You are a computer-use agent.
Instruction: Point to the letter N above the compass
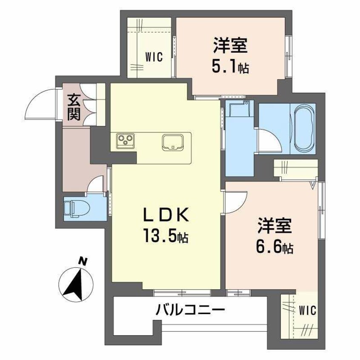tap(84, 261)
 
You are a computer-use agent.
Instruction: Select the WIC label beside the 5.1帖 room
tap(154, 57)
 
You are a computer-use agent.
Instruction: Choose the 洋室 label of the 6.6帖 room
tap(274, 226)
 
